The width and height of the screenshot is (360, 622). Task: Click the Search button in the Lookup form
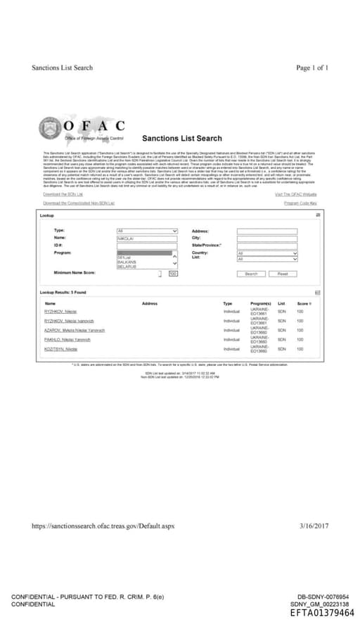point(251,274)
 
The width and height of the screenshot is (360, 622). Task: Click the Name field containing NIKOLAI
point(147,238)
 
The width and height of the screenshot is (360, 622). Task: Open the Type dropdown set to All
point(147,231)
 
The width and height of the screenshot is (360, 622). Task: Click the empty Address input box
point(267,231)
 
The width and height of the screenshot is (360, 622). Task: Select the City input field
point(267,238)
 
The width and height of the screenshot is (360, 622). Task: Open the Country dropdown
point(267,253)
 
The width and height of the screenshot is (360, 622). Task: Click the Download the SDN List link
point(63,194)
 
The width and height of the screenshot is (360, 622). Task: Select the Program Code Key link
point(301,203)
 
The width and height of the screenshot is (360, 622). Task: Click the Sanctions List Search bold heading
point(181,139)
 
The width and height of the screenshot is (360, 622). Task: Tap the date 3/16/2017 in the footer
point(314,526)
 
